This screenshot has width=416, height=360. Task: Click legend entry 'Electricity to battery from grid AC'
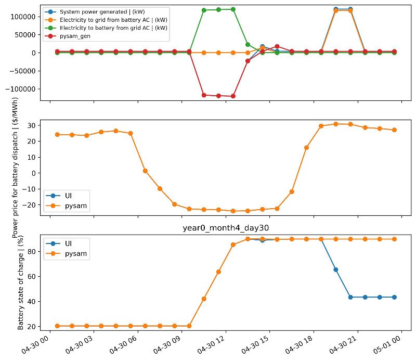pos(113,28)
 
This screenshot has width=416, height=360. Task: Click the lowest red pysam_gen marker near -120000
pos(233,96)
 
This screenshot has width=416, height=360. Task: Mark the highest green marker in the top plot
pos(233,9)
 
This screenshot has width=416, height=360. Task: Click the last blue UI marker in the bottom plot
pos(394,297)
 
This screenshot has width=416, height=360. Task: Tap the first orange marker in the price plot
pos(57,135)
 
